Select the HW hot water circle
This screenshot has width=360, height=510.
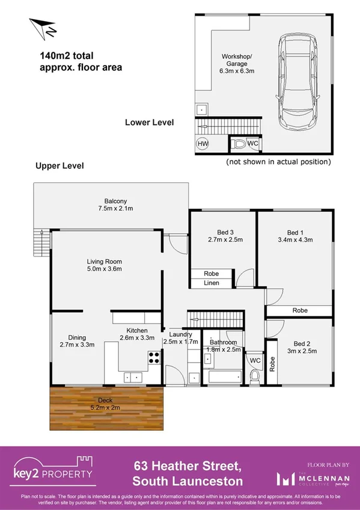pos(203,144)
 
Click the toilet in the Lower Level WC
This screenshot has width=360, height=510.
pos(239,144)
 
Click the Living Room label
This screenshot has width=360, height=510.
pos(105,265)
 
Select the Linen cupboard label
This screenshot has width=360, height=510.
pos(211,283)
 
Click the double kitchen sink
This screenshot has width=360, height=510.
pos(133,377)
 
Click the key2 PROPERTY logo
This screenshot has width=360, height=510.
pos(54,469)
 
